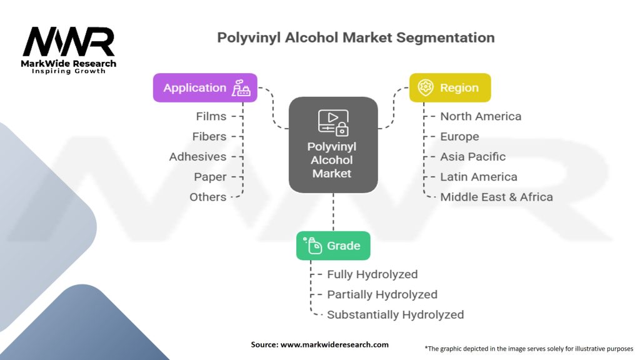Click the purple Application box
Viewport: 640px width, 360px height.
click(206, 88)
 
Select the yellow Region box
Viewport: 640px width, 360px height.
click(449, 88)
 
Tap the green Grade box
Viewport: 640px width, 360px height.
click(332, 246)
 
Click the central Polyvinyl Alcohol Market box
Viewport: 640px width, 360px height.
click(332, 144)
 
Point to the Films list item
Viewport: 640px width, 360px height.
click(211, 116)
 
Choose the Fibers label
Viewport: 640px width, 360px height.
click(209, 136)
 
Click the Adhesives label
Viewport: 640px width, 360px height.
click(197, 157)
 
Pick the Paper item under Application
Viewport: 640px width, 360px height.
click(210, 177)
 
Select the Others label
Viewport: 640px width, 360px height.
click(207, 197)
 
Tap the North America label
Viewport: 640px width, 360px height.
click(480, 116)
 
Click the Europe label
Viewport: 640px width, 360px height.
click(459, 136)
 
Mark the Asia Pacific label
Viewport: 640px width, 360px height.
click(472, 157)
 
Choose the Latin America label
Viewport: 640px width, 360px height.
click(478, 177)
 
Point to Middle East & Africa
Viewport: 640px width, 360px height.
click(496, 197)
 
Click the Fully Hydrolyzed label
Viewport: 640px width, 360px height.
click(372, 274)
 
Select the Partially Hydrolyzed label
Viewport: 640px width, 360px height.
click(382, 294)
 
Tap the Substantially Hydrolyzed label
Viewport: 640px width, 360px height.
click(395, 314)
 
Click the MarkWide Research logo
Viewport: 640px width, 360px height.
click(69, 50)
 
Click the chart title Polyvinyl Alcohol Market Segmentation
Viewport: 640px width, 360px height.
click(356, 37)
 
